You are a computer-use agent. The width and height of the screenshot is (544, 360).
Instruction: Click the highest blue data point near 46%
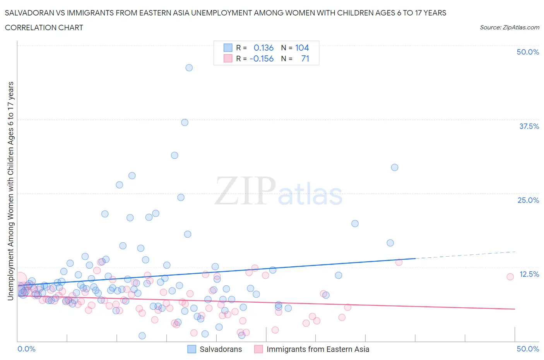(x=189, y=68)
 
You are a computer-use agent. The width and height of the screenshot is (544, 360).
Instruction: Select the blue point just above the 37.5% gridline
(x=185, y=122)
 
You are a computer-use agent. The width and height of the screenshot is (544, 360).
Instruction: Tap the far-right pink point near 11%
(x=510, y=276)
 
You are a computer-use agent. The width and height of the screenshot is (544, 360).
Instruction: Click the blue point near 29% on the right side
(x=394, y=168)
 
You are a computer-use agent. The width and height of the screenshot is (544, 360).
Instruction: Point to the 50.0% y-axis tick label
(x=527, y=52)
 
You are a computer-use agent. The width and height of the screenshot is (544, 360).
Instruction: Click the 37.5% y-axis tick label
(x=529, y=126)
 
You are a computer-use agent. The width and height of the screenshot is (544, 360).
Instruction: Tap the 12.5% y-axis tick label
(x=529, y=274)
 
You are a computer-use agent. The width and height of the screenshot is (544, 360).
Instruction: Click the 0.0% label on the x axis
(x=26, y=349)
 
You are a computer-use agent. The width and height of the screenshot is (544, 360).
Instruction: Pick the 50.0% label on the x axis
(x=527, y=349)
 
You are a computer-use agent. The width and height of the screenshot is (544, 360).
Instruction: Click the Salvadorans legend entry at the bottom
(x=221, y=349)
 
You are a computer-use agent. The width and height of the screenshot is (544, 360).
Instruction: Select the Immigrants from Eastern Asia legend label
(x=318, y=349)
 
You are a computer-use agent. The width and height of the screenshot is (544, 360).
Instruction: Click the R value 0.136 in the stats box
(x=263, y=48)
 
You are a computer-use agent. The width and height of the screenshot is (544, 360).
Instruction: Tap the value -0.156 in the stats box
(x=262, y=58)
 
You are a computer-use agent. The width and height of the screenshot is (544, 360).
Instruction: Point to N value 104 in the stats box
(x=302, y=48)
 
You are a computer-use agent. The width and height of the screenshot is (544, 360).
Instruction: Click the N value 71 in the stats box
(x=305, y=58)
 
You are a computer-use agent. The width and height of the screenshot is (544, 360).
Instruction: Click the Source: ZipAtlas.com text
(x=509, y=27)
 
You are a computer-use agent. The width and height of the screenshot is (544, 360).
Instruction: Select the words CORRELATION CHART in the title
(x=44, y=27)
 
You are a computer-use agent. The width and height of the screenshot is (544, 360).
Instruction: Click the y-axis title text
(x=10, y=191)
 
